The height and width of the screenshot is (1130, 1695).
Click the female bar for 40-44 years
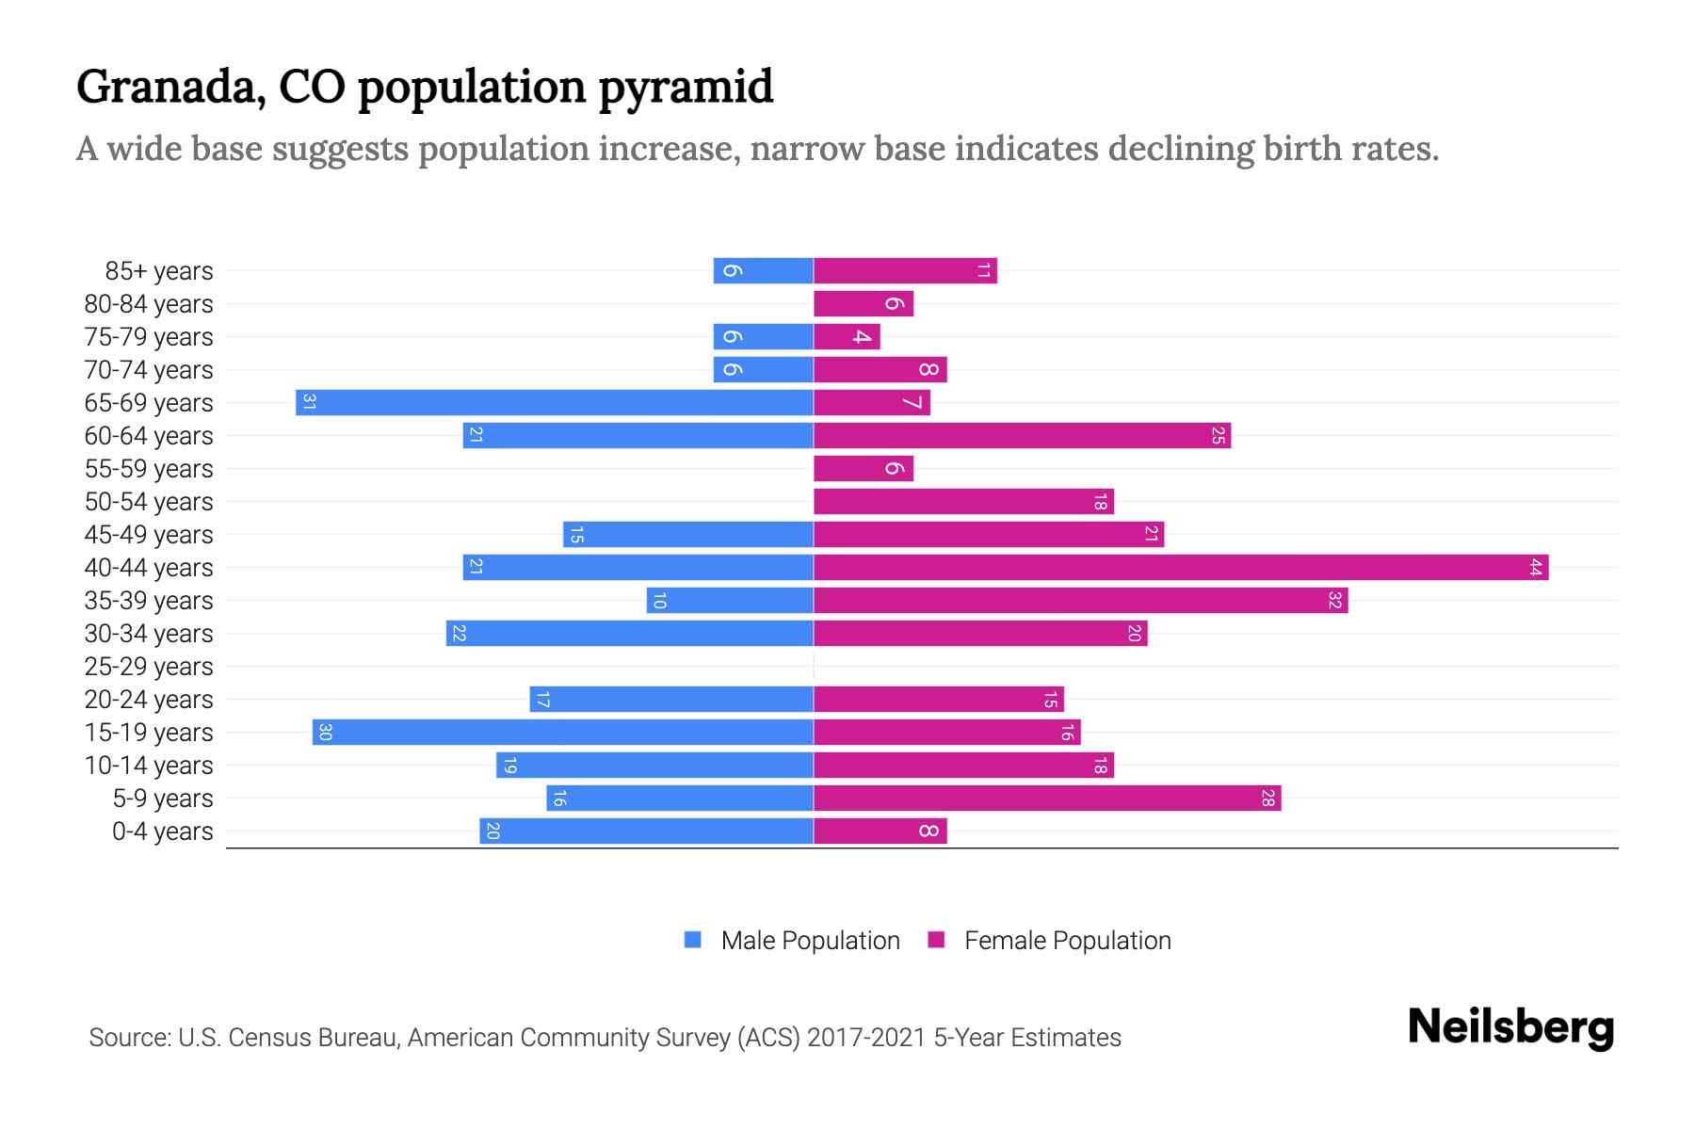tap(1181, 567)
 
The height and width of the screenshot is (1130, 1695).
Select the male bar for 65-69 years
tap(555, 402)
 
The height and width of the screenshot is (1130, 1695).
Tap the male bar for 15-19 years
tap(563, 732)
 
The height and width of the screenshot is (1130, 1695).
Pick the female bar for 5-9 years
tap(1047, 798)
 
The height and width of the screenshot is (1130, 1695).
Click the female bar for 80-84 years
tap(864, 303)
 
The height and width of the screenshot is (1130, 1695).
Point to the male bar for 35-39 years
tap(730, 600)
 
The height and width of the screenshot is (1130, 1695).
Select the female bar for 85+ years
tap(905, 270)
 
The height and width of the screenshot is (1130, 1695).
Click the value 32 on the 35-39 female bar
tap(1333, 600)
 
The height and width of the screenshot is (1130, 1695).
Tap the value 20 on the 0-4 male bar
tap(492, 831)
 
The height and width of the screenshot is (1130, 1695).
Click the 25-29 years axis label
tap(149, 667)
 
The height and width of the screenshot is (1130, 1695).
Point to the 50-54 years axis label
tap(149, 502)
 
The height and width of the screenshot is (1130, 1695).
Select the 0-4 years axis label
tap(162, 831)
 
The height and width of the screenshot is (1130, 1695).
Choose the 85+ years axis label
tap(159, 271)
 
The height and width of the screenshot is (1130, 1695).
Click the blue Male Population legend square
tap(693, 940)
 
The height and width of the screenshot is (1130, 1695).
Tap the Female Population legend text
tap(1067, 941)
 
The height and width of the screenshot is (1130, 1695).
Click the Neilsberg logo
tap(1510, 1027)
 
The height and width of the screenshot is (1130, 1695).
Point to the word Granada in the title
tap(166, 88)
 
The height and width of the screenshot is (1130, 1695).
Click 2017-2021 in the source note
tap(866, 1038)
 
